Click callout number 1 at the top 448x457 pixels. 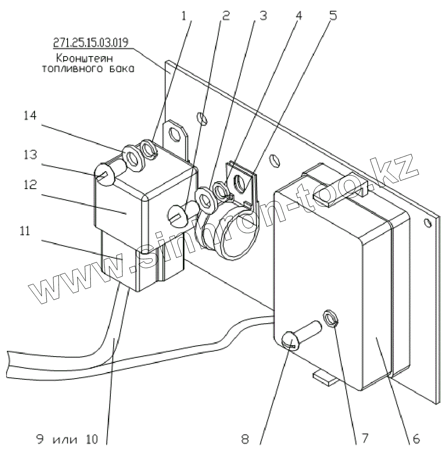(185, 17)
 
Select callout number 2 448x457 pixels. (226, 17)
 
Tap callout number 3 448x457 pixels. (262, 17)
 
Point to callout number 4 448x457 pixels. (299, 17)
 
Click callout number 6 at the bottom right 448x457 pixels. (416, 439)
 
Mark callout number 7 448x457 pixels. (365, 439)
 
